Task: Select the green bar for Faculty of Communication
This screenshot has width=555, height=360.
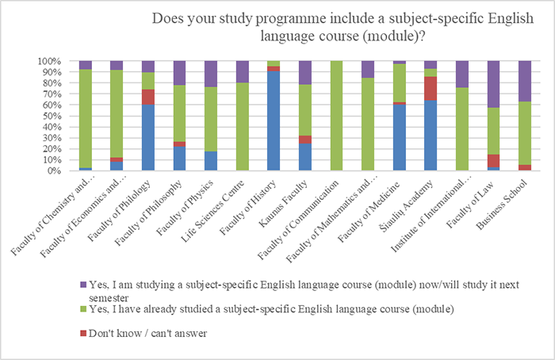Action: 335,116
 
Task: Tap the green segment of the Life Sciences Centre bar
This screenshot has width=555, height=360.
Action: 242,127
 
